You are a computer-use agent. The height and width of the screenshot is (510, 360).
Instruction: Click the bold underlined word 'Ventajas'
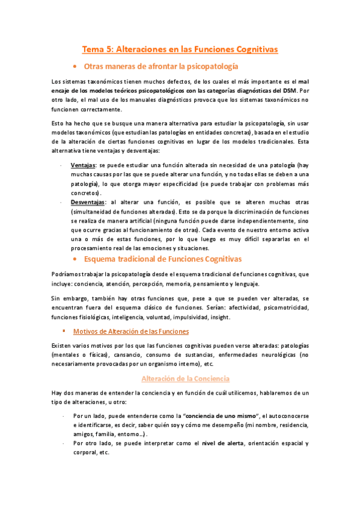[84, 164]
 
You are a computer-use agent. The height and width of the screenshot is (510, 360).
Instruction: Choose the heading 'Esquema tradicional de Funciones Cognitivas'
[163, 259]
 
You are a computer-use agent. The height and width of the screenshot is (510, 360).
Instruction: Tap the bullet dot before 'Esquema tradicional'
[73, 259]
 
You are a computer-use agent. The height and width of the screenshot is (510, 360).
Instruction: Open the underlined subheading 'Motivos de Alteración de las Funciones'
[130, 331]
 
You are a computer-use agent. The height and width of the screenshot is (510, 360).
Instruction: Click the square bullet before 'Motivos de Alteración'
[63, 331]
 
